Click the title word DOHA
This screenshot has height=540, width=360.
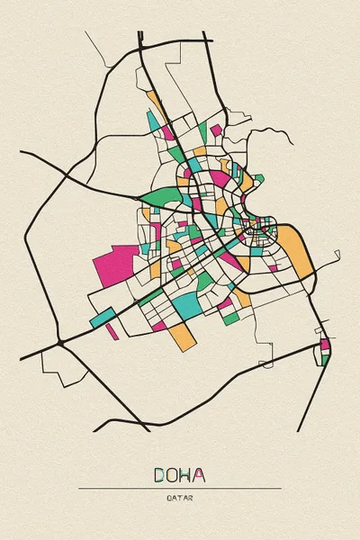(x=179, y=474)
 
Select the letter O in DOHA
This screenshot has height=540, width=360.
(x=173, y=474)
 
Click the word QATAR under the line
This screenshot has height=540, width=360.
(x=179, y=498)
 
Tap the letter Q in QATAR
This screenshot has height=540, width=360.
(x=168, y=498)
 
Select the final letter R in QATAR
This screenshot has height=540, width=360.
(x=191, y=498)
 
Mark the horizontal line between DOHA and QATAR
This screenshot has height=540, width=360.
(x=179, y=488)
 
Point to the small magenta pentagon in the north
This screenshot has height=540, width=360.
(x=167, y=132)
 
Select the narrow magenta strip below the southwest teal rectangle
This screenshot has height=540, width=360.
(x=112, y=331)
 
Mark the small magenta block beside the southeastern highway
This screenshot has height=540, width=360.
(x=325, y=343)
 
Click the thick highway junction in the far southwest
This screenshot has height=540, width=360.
(x=59, y=343)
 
